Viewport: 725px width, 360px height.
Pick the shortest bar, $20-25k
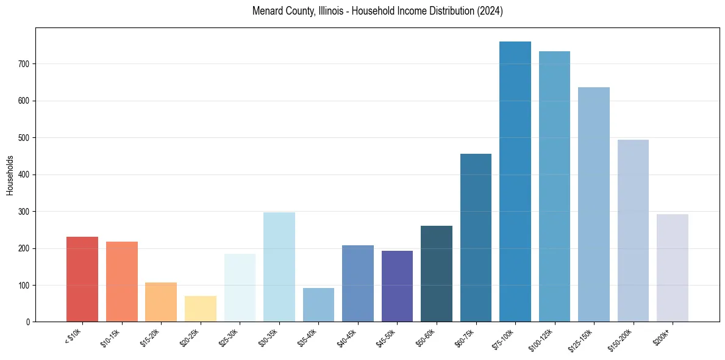[200, 309]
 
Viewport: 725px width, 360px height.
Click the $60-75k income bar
[476, 238]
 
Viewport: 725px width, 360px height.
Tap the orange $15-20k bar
[161, 302]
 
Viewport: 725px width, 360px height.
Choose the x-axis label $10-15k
[111, 337]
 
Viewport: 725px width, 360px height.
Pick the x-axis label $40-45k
[347, 337]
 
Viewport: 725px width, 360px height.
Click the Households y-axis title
[10, 175]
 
